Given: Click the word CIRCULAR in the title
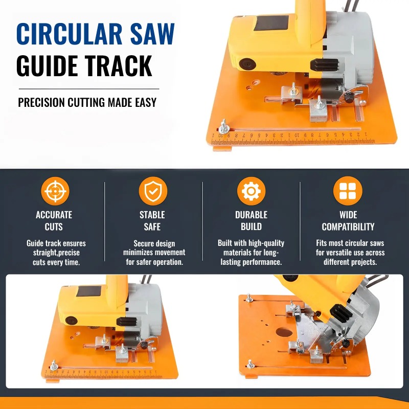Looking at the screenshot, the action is [70, 34].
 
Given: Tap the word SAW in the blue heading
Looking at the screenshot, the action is [152, 34].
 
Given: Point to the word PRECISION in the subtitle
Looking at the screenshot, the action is [41, 102].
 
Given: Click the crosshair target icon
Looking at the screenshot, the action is [55, 191].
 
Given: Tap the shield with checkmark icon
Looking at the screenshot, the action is [153, 191].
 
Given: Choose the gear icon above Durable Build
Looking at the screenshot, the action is [251, 191].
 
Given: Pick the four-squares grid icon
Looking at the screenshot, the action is [348, 191].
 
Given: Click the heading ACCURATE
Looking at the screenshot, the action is [54, 215].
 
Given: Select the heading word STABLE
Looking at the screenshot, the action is [152, 215].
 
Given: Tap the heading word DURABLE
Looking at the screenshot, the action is [251, 215].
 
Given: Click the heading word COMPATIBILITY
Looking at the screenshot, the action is [348, 226].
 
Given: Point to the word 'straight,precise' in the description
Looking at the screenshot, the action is [56, 253].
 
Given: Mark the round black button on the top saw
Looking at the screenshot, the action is [247, 64].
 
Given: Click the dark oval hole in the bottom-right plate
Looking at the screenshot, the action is [284, 332].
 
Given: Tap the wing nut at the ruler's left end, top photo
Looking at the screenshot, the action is [224, 127].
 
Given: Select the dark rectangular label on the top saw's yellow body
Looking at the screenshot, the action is [271, 23].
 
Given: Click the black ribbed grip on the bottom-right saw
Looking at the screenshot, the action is [341, 313].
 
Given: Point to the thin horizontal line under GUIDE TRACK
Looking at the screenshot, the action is [89, 89].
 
